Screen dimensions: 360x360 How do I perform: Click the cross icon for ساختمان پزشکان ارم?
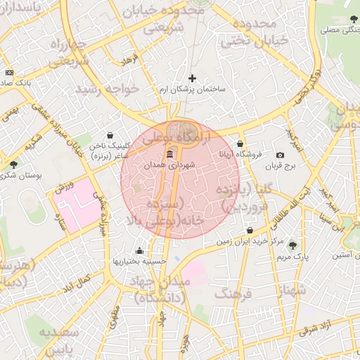[193, 78]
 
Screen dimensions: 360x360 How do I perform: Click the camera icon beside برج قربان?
[281, 155]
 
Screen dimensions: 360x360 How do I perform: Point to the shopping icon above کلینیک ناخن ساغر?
[110, 135]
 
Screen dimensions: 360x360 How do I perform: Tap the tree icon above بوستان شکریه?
[14, 164]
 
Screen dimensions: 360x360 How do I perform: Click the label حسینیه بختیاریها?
[139, 261]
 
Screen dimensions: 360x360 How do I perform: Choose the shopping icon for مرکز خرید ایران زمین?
[250, 231]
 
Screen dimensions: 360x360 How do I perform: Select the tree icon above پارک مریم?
[293, 245]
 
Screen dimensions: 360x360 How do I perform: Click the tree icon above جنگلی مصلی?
[353, 20]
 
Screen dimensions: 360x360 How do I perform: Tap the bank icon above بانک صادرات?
[9, 72]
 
